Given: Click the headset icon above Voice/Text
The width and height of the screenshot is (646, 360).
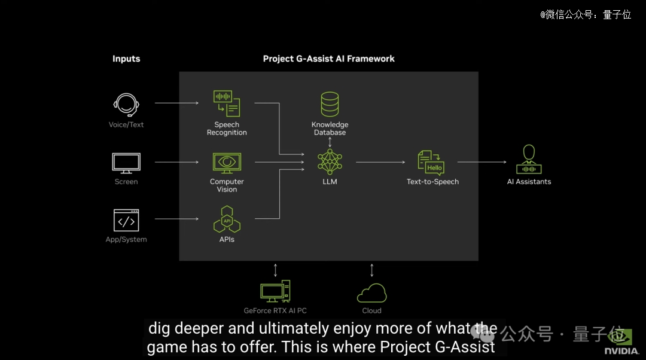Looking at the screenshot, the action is [126, 105].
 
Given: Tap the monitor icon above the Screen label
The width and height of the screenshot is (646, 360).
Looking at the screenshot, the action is [126, 163].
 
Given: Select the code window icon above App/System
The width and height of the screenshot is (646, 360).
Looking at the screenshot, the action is [126, 221].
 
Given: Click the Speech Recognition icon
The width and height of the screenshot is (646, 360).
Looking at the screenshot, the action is [227, 103].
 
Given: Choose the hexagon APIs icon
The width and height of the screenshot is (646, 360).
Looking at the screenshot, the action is [227, 219].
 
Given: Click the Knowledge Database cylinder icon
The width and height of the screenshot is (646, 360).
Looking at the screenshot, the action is [330, 104].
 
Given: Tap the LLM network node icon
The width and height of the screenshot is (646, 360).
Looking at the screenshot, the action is [330, 162].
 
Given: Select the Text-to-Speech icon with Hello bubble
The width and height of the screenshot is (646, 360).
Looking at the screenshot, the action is [431, 163].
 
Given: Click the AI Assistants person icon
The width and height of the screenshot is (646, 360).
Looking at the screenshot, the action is [529, 160].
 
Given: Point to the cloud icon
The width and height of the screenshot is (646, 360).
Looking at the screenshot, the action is [371, 293].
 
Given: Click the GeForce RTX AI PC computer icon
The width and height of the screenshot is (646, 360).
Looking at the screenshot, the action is [275, 291].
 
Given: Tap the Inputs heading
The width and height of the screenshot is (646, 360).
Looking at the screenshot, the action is [126, 59].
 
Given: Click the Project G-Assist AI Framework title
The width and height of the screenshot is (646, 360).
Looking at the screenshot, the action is [329, 59].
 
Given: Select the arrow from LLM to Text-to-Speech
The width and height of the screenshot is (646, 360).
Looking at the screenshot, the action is [380, 162].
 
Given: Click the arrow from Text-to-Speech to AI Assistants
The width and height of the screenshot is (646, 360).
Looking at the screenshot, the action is [482, 162].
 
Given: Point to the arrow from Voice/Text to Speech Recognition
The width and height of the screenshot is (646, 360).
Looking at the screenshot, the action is [176, 103].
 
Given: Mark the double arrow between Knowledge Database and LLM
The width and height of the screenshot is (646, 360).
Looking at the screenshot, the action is [330, 142].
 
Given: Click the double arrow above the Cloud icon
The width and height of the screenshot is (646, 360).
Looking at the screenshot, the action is [371, 270].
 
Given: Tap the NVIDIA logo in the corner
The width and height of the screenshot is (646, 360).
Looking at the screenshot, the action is [621, 342].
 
